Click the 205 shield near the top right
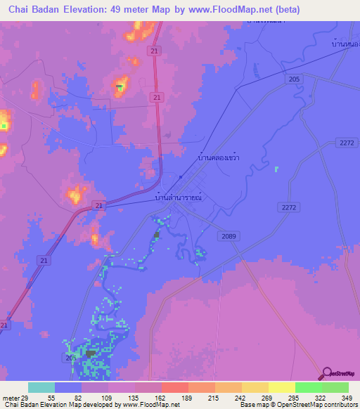[294, 79]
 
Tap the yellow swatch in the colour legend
[281, 387]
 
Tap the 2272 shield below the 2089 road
[288, 207]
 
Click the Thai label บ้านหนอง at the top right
[346, 44]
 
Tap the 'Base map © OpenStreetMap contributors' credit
[297, 405]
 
